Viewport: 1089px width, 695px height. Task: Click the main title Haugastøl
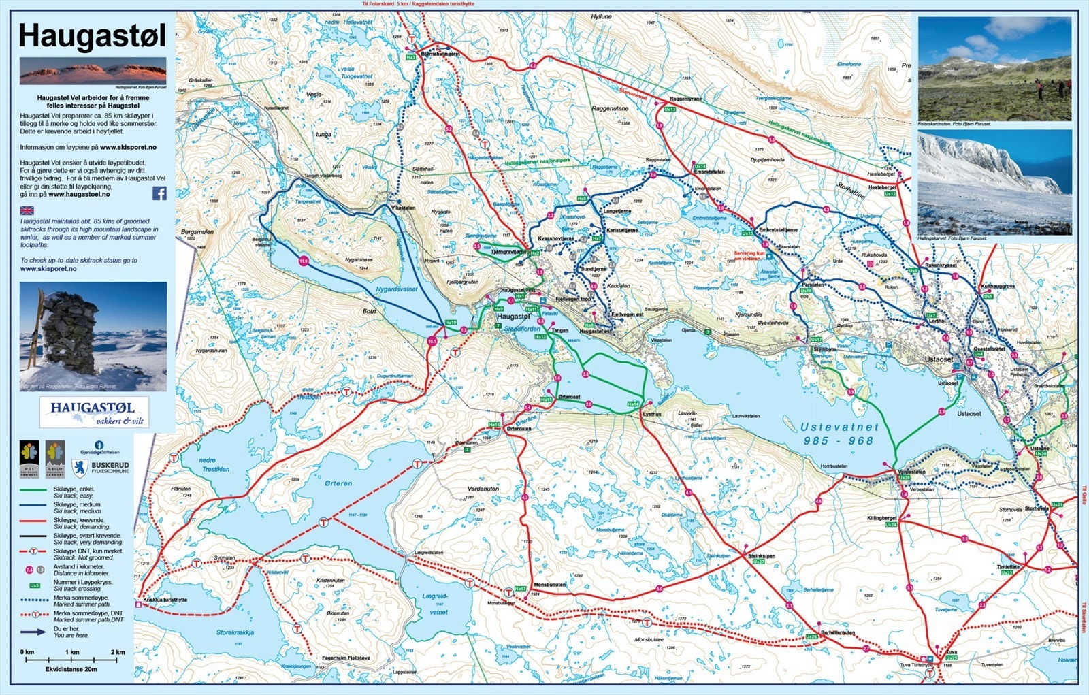[92, 35]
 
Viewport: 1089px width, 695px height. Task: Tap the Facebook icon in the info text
[159, 193]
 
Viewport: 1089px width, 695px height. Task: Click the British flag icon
[27, 210]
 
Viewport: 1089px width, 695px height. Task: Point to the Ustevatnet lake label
[840, 434]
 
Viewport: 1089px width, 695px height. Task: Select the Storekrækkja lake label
[235, 632]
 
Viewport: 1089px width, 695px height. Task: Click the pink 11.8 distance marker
[304, 261]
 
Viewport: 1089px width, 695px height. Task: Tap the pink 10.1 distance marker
[432, 342]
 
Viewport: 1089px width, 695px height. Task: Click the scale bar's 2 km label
[117, 652]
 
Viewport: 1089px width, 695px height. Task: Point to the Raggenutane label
[610, 108]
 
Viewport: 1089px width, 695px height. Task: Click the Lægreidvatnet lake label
[436, 604]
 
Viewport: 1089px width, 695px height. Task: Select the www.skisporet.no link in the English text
[48, 268]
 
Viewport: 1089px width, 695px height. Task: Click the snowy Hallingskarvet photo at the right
[994, 182]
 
